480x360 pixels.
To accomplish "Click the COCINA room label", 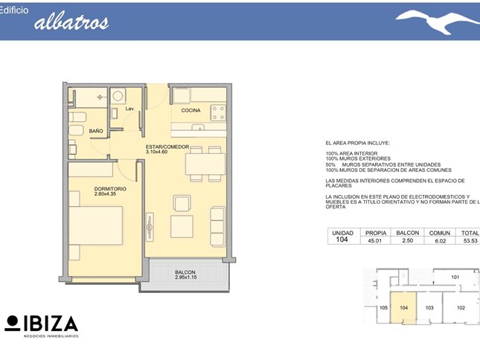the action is [x=191, y=110].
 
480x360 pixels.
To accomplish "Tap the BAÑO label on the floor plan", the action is [x=96, y=131].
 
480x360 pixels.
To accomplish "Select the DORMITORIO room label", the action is [x=110, y=189].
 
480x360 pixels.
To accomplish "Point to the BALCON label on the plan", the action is [x=185, y=272].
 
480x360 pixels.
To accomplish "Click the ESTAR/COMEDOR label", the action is [x=167, y=147].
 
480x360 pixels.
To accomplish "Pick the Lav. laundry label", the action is [x=129, y=109].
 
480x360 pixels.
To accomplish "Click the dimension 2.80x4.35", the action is [x=105, y=193].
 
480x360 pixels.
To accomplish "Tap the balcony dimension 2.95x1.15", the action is [x=186, y=277].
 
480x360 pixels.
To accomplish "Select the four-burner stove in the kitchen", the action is [x=218, y=112].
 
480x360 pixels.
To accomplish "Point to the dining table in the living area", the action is [x=205, y=164].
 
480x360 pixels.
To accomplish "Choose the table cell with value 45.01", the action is [x=374, y=241].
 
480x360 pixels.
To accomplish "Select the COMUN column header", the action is [x=440, y=233].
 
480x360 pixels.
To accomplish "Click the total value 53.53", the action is [x=470, y=241].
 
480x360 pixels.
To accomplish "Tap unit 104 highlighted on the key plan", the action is [x=403, y=307].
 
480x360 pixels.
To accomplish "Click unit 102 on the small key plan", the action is [x=461, y=308].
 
